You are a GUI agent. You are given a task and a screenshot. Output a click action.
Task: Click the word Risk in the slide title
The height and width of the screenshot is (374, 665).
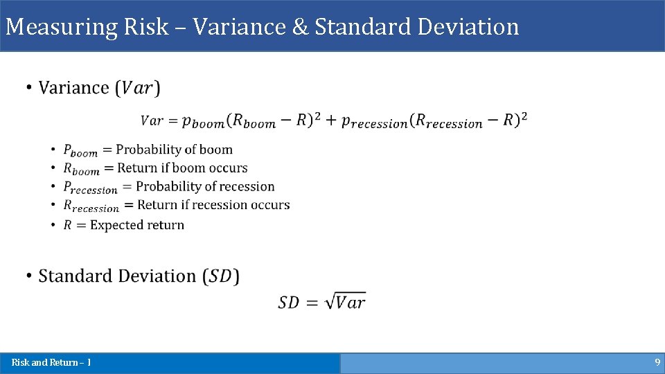[x=146, y=27]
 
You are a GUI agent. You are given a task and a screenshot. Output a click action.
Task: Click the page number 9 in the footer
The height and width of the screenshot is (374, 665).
[x=657, y=362]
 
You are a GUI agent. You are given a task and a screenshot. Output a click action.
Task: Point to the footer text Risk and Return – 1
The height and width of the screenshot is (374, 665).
[x=51, y=362]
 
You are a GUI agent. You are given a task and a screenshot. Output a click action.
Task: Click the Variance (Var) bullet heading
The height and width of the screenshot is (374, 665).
[x=99, y=88]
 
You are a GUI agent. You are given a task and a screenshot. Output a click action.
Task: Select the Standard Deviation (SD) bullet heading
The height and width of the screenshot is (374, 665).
[x=139, y=276]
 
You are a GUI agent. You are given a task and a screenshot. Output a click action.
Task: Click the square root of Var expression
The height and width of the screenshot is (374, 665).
[x=344, y=301]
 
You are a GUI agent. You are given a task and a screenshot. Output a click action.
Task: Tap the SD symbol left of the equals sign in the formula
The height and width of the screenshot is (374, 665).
[x=289, y=302]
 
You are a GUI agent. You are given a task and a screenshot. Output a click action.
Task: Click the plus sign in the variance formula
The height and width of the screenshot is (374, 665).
[x=330, y=120]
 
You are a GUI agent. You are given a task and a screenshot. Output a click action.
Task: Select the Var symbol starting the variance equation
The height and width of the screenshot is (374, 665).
[x=152, y=120]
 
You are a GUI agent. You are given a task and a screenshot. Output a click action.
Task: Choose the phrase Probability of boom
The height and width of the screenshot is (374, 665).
[x=174, y=150]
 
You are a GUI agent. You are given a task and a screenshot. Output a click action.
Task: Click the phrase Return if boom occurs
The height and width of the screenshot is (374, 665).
[x=182, y=168]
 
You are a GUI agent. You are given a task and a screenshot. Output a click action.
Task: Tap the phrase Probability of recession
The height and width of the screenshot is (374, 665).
[x=205, y=186]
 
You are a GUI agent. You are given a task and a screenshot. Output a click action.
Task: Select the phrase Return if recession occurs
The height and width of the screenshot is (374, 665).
[x=213, y=205]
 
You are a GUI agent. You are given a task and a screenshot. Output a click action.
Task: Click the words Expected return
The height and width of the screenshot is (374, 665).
[x=137, y=225]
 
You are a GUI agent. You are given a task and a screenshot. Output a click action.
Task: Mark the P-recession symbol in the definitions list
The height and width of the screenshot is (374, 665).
[x=90, y=188]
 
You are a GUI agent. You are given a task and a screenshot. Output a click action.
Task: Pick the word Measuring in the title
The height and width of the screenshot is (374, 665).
[x=62, y=27]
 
